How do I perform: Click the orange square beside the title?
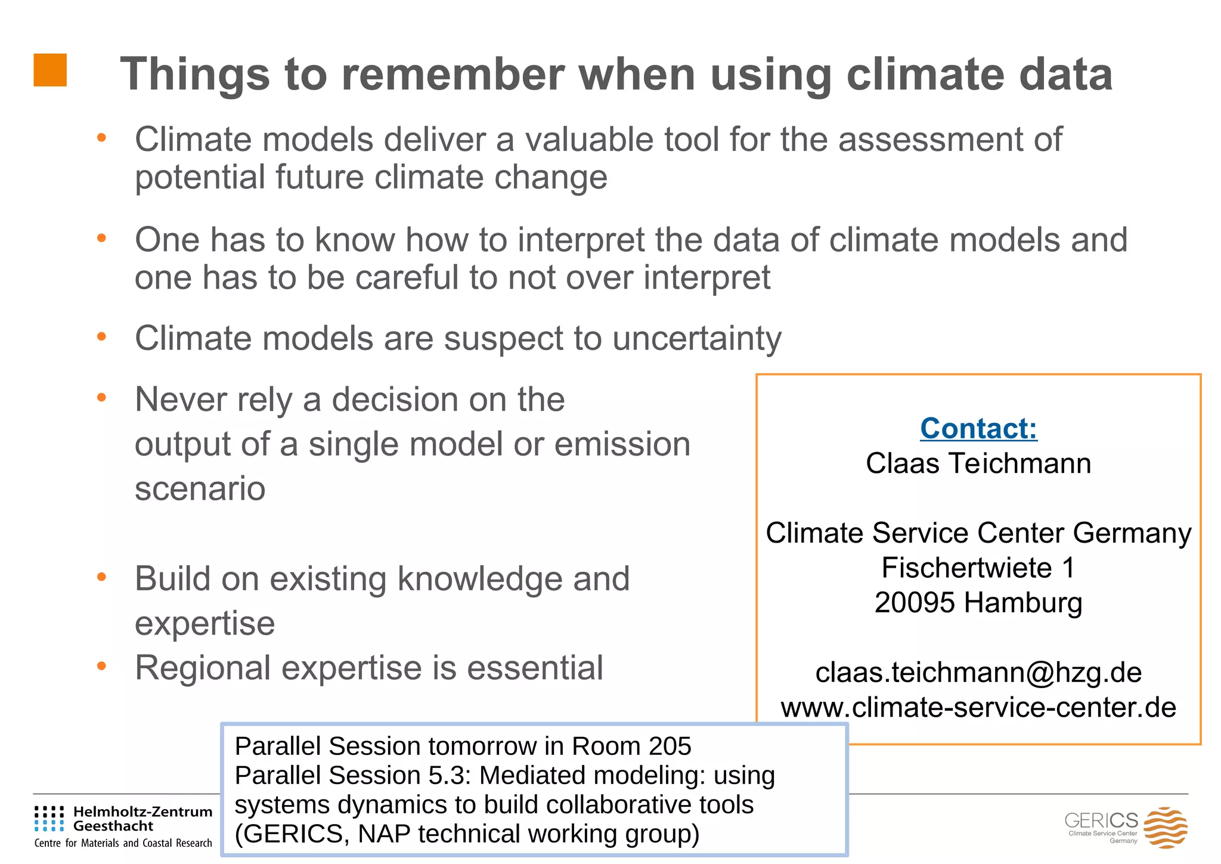click(50, 70)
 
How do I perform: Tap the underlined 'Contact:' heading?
click(978, 428)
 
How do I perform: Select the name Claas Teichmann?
click(978, 463)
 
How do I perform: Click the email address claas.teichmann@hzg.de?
click(978, 673)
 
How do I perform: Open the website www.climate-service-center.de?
click(978, 708)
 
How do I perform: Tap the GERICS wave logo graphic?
click(1165, 827)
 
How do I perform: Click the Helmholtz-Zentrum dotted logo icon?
click(49, 819)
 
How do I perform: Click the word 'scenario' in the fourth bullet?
click(200, 489)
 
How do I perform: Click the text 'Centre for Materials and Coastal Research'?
click(123, 843)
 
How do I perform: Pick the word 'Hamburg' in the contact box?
click(1023, 602)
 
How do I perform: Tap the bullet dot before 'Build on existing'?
click(101, 577)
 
